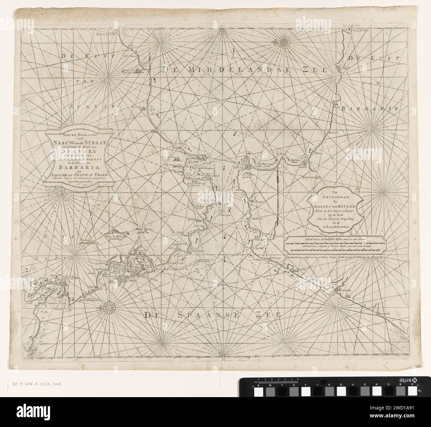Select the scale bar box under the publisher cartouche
click(x=336, y=245)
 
